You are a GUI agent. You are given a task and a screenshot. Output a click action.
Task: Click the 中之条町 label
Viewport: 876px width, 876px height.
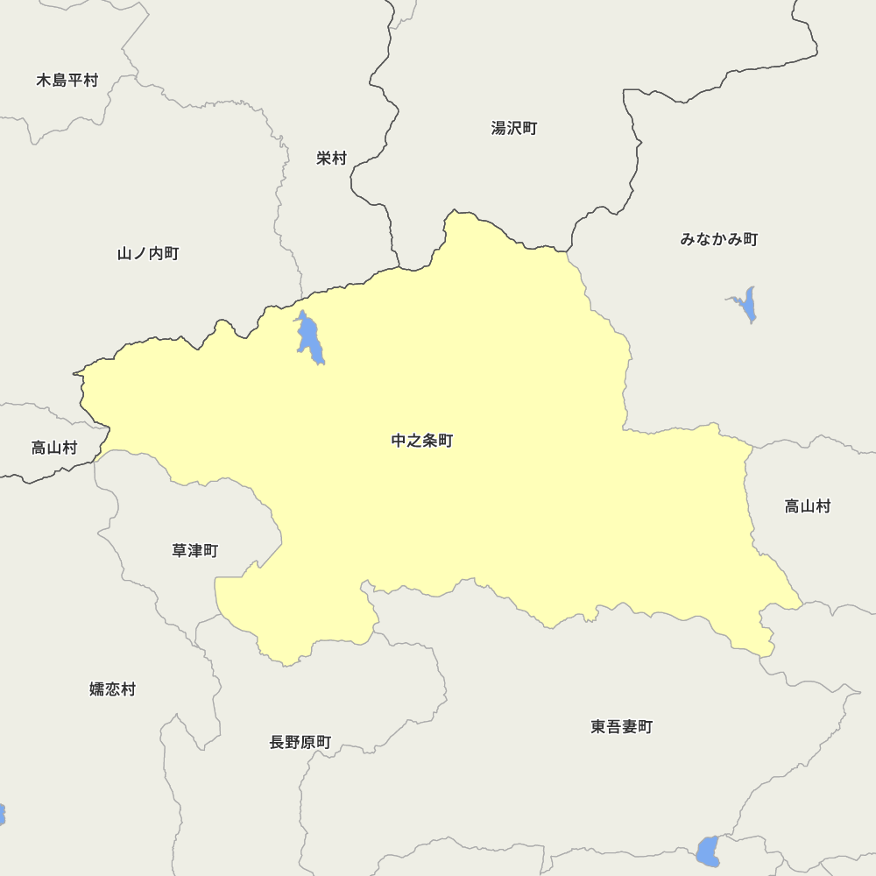click(x=422, y=441)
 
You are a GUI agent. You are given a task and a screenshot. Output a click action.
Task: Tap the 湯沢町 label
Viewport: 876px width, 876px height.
click(x=514, y=129)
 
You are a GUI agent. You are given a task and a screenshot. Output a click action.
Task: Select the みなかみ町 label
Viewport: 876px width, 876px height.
click(x=719, y=239)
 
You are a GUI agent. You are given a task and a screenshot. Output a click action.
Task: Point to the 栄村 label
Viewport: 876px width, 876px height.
click(x=332, y=159)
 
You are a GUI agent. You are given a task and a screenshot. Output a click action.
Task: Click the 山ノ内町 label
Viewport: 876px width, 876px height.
click(x=148, y=254)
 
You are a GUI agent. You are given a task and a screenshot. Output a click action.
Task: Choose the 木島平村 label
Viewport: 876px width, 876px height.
click(x=67, y=81)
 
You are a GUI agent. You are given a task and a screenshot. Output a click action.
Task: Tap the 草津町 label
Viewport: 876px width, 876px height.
click(x=194, y=551)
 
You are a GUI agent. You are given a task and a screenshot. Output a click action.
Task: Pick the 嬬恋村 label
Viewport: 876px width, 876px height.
click(x=113, y=689)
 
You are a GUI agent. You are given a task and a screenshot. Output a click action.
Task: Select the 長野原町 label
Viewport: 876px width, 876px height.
click(x=300, y=743)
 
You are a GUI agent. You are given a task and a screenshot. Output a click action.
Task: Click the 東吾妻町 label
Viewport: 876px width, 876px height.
click(x=621, y=727)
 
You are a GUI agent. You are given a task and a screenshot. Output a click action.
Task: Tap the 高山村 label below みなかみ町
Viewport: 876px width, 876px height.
click(x=807, y=506)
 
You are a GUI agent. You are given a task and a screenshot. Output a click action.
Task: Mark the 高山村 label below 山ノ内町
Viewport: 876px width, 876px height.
click(x=54, y=449)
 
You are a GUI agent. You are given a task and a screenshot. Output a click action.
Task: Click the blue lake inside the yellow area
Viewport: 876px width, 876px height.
click(x=308, y=338)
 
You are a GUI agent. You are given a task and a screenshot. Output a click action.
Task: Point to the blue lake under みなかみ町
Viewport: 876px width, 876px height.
click(x=746, y=304)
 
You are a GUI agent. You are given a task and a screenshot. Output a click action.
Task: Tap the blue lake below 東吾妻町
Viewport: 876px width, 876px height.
click(x=708, y=851)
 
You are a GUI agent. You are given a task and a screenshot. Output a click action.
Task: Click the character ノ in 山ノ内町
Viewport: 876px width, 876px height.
click(x=140, y=254)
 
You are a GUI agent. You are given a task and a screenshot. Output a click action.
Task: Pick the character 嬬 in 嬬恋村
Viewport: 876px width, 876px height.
click(x=97, y=689)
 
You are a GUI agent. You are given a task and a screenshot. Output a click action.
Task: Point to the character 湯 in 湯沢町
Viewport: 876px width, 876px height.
click(x=499, y=129)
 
